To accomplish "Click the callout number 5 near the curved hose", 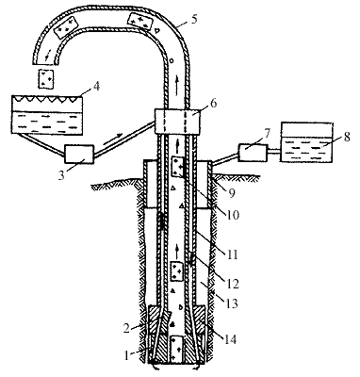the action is point(194,19).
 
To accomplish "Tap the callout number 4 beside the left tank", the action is point(96,86).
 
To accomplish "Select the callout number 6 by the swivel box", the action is point(213,103).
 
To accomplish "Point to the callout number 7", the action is point(266,133).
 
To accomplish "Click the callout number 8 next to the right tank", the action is point(346,137).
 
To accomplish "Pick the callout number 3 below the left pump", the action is point(61,175).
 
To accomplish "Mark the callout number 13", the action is point(232,303).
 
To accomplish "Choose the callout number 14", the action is point(230,339).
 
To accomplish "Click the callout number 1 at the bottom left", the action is point(127,355).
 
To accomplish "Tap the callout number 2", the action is point(126,328).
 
